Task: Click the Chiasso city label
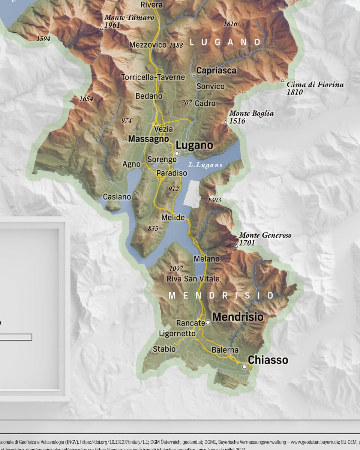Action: pos(268,360)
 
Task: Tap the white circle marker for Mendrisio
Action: pos(208,322)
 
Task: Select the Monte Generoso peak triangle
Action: pos(236,246)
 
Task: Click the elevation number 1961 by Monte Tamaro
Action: pos(112,25)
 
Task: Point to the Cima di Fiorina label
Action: pos(315,85)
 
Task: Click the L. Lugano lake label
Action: pos(205,165)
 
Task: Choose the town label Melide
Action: pos(173,217)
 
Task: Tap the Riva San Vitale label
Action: pos(193,279)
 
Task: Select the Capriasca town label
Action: pos(216,70)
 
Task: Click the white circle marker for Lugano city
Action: pos(177,153)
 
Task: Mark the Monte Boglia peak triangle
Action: pos(225,122)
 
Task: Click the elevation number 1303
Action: pos(214,200)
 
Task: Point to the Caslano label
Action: pos(117,197)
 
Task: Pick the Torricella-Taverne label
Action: pos(153,77)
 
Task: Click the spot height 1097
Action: pos(176,268)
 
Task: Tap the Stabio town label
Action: pos(164,349)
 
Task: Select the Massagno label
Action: pos(148,139)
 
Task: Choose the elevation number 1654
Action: pos(86,99)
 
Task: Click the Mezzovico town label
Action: pos(148,45)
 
